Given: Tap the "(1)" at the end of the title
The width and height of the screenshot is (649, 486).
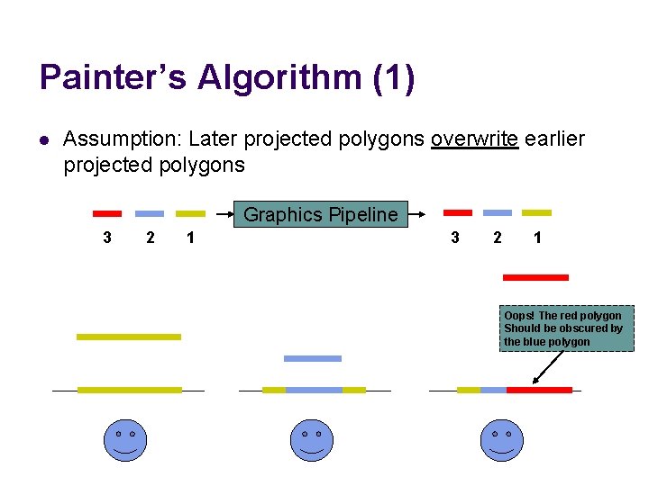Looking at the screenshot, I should pos(393,77).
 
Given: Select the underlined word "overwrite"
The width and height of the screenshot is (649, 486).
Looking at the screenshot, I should pos(474,139).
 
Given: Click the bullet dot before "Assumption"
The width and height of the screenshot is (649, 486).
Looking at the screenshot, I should pos(43,140).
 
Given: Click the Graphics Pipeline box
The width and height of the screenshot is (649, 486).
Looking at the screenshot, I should pos(320,215).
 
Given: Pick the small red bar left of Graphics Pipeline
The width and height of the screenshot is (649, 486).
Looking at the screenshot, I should pos(107,214).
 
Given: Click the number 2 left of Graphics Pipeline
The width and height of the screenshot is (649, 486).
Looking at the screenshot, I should pos(151,238).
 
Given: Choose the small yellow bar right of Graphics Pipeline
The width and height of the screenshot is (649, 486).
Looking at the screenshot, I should pos(537,212).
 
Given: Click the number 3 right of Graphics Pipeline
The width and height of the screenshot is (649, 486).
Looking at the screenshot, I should pos(455,238).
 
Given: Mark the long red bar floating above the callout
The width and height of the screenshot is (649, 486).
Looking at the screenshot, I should pos(535,277).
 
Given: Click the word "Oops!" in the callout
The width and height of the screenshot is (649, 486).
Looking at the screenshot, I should pos(519,316).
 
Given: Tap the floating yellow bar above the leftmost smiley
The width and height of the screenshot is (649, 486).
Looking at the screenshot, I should pos(129,337).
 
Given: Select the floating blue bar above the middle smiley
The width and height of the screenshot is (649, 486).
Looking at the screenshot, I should pos(313,358).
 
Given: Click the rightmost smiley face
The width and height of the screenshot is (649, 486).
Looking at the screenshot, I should pos(501,440).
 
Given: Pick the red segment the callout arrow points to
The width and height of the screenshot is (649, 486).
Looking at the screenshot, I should pos(540,390).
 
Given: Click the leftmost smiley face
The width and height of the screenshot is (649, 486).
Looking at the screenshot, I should pos(124,440).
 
